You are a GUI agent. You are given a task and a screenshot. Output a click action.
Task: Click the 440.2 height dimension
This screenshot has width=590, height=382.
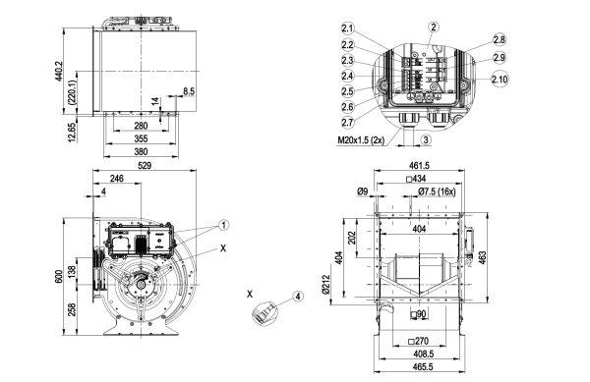point(59,74)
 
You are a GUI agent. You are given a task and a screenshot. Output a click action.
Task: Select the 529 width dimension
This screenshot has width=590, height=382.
point(145,165)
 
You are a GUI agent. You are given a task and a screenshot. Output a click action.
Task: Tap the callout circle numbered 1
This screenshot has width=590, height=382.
point(223,225)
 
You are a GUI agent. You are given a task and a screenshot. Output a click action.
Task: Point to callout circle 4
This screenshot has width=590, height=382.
point(298,297)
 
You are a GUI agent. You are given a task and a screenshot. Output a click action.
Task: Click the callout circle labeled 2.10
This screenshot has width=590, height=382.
point(500,80)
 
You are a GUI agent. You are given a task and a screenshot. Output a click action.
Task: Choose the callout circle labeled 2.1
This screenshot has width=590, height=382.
point(348,28)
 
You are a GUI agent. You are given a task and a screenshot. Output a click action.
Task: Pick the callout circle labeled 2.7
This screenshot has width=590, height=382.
point(348,122)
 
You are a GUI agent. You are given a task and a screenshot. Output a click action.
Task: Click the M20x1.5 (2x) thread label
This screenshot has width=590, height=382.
point(361,140)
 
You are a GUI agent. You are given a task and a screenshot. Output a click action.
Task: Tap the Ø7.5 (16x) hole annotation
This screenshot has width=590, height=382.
point(437,191)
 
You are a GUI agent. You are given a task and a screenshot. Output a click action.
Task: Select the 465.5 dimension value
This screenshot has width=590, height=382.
point(422,366)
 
